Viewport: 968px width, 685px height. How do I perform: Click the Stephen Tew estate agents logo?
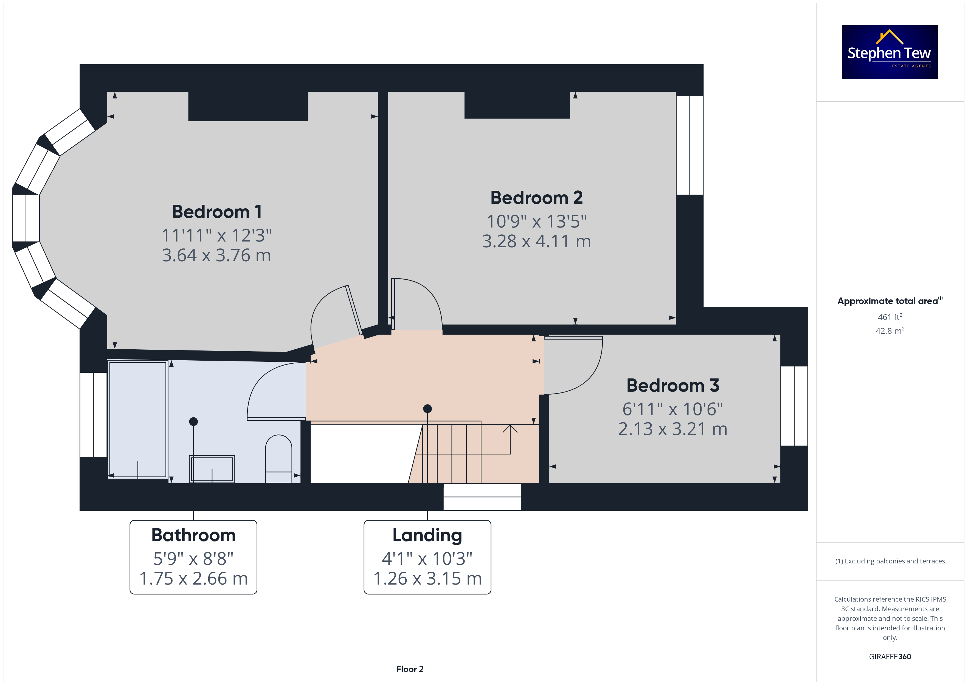point(890,52)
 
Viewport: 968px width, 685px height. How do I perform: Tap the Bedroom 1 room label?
point(217,212)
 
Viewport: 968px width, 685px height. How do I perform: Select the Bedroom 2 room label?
point(536,198)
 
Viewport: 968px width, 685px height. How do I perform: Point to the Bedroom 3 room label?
point(673,386)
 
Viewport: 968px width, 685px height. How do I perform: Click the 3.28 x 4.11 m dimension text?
point(536,241)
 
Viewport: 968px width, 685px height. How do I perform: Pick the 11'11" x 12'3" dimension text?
point(217,235)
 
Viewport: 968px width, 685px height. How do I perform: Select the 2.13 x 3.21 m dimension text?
point(673,429)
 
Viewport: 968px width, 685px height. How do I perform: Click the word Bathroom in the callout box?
point(193,535)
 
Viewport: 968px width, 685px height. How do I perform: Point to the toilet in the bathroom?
point(279,459)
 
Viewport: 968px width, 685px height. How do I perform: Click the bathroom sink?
point(212,469)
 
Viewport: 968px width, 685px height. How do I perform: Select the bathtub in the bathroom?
point(138,419)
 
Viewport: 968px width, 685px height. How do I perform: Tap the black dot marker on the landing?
point(427,409)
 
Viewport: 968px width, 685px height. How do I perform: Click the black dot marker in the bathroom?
point(193,421)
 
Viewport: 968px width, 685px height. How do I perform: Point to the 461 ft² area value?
point(890,317)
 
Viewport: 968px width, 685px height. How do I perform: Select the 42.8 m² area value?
point(890,331)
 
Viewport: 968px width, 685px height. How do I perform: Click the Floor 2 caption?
point(410,669)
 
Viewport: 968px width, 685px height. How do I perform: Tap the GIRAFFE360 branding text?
point(890,657)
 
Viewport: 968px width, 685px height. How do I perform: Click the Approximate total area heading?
point(890,301)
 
